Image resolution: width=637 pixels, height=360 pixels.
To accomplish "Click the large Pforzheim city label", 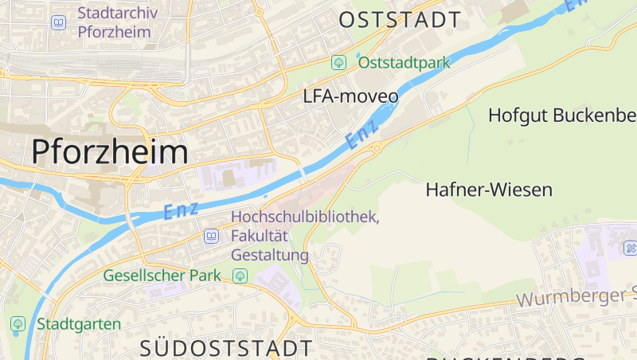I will (110, 151).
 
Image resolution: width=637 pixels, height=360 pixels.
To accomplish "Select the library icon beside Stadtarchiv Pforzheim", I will (58, 22).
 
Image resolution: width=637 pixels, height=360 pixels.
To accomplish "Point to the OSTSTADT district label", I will (400, 20).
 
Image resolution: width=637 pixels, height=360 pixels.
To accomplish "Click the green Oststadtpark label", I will (404, 62).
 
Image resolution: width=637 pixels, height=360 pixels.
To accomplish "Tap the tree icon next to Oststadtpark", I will (339, 62).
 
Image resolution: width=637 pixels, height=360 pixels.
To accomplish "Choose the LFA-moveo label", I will (350, 96).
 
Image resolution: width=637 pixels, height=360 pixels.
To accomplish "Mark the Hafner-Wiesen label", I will (489, 190).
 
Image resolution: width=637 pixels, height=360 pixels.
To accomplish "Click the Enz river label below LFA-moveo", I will (361, 138).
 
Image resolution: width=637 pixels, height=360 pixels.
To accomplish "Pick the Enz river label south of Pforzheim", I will (179, 211).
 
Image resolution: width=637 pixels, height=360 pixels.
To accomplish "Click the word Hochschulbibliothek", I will (305, 217).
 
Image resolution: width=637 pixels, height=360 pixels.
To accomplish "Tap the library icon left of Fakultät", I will (211, 236).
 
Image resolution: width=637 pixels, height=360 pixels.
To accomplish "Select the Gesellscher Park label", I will (162, 276).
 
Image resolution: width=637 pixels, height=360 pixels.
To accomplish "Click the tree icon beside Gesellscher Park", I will (240, 276).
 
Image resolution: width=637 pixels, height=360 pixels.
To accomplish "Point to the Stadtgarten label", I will (78, 324).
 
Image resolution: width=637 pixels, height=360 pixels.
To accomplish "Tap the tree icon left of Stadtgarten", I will (18, 324).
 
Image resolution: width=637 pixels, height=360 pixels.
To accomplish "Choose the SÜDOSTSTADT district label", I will (226, 348).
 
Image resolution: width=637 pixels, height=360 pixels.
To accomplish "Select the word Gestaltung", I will (269, 255).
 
